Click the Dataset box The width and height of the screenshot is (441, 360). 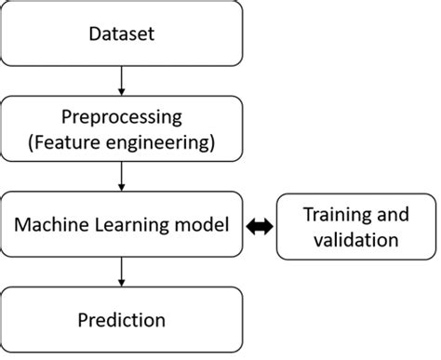pyautogui.click(x=122, y=34)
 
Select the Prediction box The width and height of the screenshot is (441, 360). pyautogui.click(x=122, y=320)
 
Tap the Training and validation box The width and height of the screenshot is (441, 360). pyautogui.click(x=356, y=226)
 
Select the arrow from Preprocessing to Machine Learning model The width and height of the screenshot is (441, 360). pyautogui.click(x=122, y=177)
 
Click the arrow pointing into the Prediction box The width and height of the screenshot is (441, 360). pyautogui.click(x=122, y=272)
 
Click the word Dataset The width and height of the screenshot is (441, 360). pyautogui.click(x=122, y=35)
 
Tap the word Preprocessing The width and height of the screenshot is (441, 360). pyautogui.click(x=122, y=118)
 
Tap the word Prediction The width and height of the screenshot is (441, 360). pyautogui.click(x=122, y=321)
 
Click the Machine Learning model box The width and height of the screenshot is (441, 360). pyautogui.click(x=122, y=225)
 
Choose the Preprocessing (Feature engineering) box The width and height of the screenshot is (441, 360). pyautogui.click(x=122, y=130)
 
